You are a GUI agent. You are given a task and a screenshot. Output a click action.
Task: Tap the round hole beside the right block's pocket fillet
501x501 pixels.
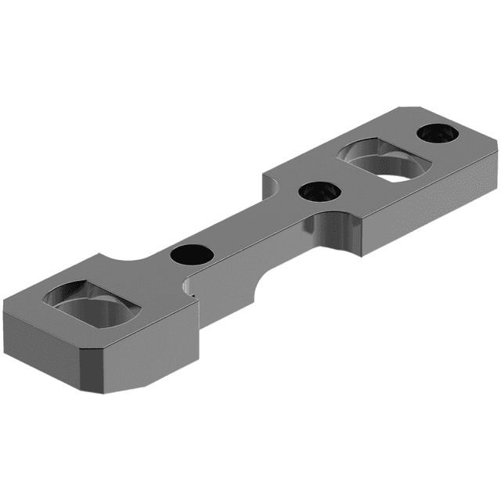coord(318,192)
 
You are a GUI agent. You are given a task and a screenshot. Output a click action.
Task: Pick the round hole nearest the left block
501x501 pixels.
coord(190,254)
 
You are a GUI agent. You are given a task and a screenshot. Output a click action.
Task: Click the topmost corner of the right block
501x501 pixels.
coord(404,108)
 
